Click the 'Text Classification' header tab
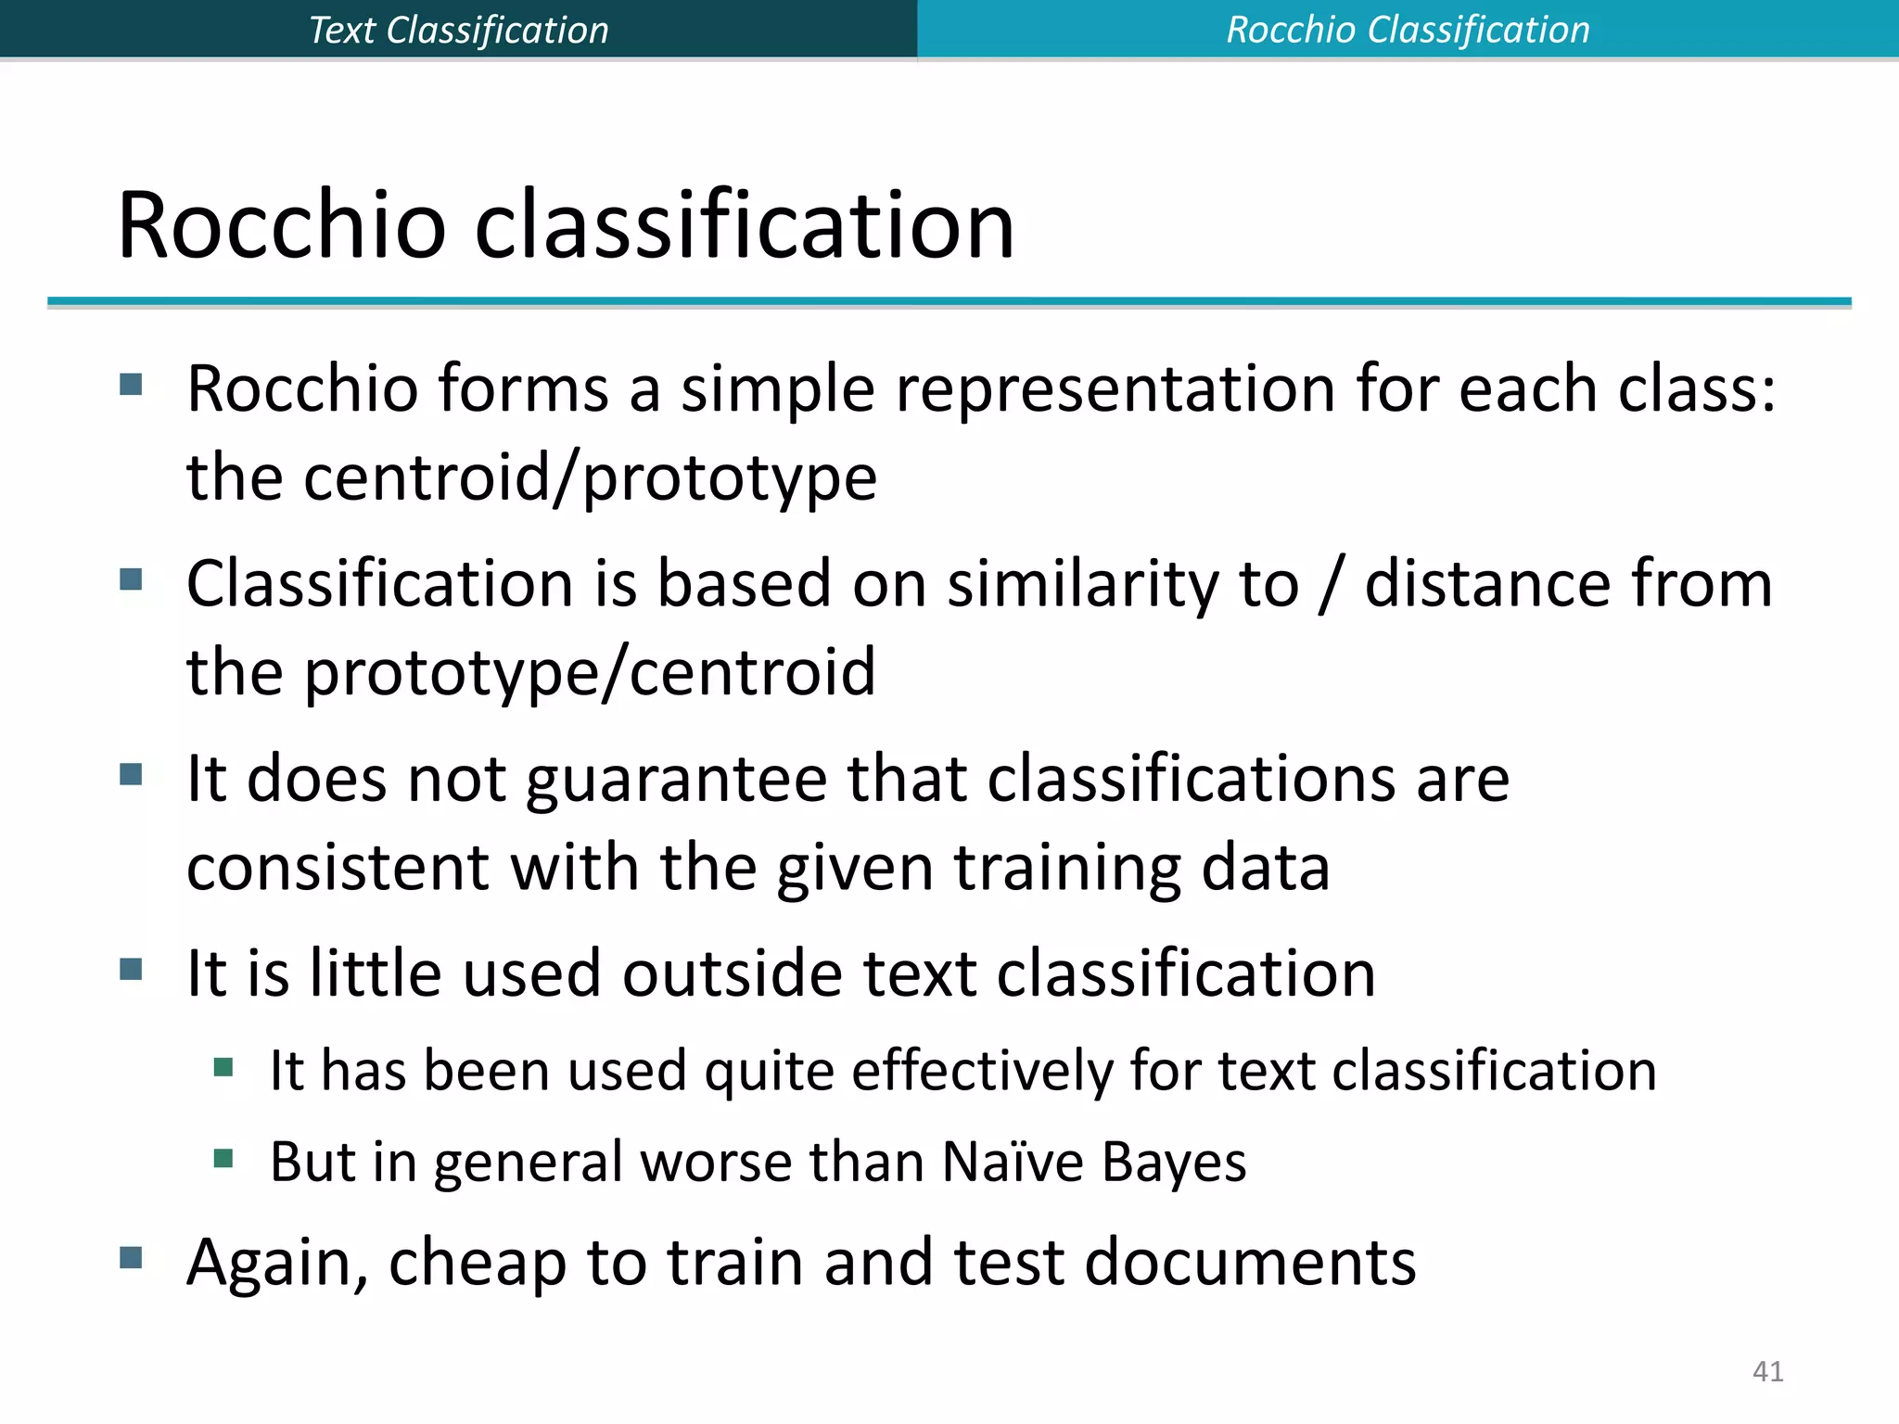458,30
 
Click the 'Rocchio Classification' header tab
1408,30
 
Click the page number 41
1767,1371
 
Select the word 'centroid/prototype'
591,478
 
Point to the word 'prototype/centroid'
590,672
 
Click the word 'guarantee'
676,779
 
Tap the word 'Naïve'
1013,1162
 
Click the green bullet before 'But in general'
223,1158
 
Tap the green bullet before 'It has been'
223,1067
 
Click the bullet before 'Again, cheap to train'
131,1258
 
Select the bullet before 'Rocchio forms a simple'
131,384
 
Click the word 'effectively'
983,1071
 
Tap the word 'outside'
732,974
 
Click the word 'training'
1068,868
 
